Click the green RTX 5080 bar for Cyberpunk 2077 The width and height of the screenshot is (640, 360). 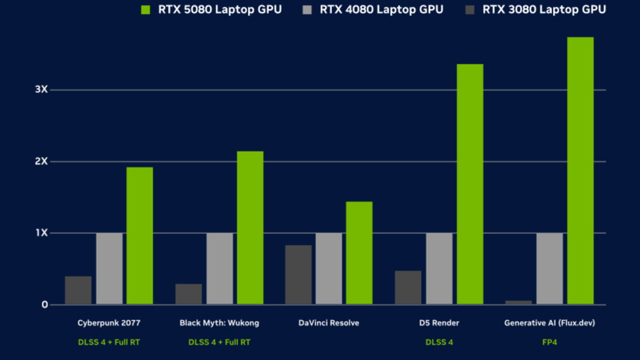(x=139, y=236)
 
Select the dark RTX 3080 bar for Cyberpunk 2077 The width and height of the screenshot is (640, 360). (x=78, y=290)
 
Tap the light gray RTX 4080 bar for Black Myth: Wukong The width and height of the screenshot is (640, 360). (x=219, y=269)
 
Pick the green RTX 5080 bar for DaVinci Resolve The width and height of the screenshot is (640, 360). (x=359, y=253)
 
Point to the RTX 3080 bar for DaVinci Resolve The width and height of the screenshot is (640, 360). (x=298, y=275)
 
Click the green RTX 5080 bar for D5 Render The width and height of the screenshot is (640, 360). (x=470, y=184)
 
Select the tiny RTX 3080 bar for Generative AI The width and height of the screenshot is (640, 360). (x=518, y=302)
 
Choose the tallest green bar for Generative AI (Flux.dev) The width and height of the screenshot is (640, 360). (x=580, y=171)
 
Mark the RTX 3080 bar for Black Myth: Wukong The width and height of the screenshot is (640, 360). (x=189, y=294)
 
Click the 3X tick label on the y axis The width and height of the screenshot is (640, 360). (x=41, y=90)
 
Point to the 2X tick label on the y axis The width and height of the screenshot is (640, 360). (x=41, y=161)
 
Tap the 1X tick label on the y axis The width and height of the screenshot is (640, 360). (x=41, y=233)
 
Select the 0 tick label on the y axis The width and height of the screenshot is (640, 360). (x=44, y=305)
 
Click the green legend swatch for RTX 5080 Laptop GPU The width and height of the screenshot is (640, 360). (x=146, y=9)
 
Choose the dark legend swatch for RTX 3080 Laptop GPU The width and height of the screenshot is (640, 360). (x=471, y=9)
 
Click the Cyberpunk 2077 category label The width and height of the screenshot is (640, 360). (x=109, y=323)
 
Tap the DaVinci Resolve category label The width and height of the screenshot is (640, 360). (x=328, y=323)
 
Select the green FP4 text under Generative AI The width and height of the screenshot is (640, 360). (x=549, y=342)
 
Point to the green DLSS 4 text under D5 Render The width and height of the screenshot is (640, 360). (x=439, y=342)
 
